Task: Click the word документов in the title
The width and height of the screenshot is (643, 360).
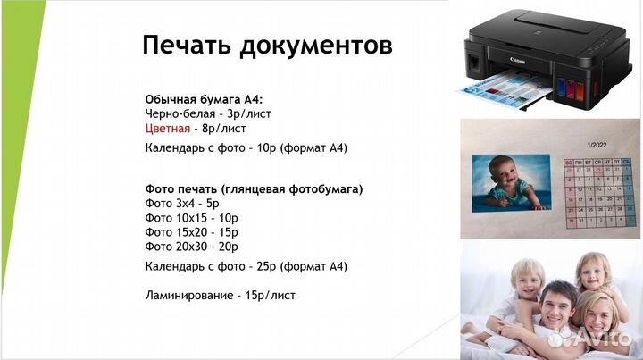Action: coord(317,44)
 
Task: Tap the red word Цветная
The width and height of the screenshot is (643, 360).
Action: coord(167,128)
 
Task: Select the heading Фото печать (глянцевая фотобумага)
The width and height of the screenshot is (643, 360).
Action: coord(254,189)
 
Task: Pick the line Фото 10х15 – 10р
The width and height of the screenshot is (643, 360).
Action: coord(190,217)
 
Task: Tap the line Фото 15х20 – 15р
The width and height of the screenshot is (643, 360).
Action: coord(191,231)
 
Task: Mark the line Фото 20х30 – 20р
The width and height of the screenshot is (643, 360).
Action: coord(191,246)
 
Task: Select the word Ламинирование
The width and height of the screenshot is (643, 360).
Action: coord(187,295)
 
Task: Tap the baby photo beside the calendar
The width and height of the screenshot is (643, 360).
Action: coord(511,184)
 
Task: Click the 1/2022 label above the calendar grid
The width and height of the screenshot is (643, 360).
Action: coord(597,145)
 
